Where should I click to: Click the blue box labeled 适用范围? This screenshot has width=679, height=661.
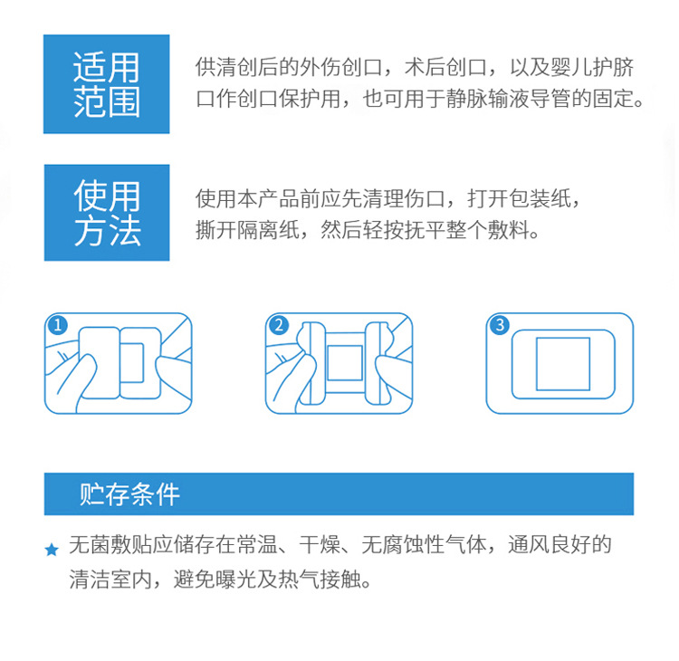coord(107,84)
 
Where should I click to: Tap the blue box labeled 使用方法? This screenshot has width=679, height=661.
coord(107,212)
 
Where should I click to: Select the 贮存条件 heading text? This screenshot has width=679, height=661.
coord(129,493)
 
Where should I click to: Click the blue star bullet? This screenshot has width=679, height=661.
coord(52,550)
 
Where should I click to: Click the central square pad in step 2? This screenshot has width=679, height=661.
coord(344,362)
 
